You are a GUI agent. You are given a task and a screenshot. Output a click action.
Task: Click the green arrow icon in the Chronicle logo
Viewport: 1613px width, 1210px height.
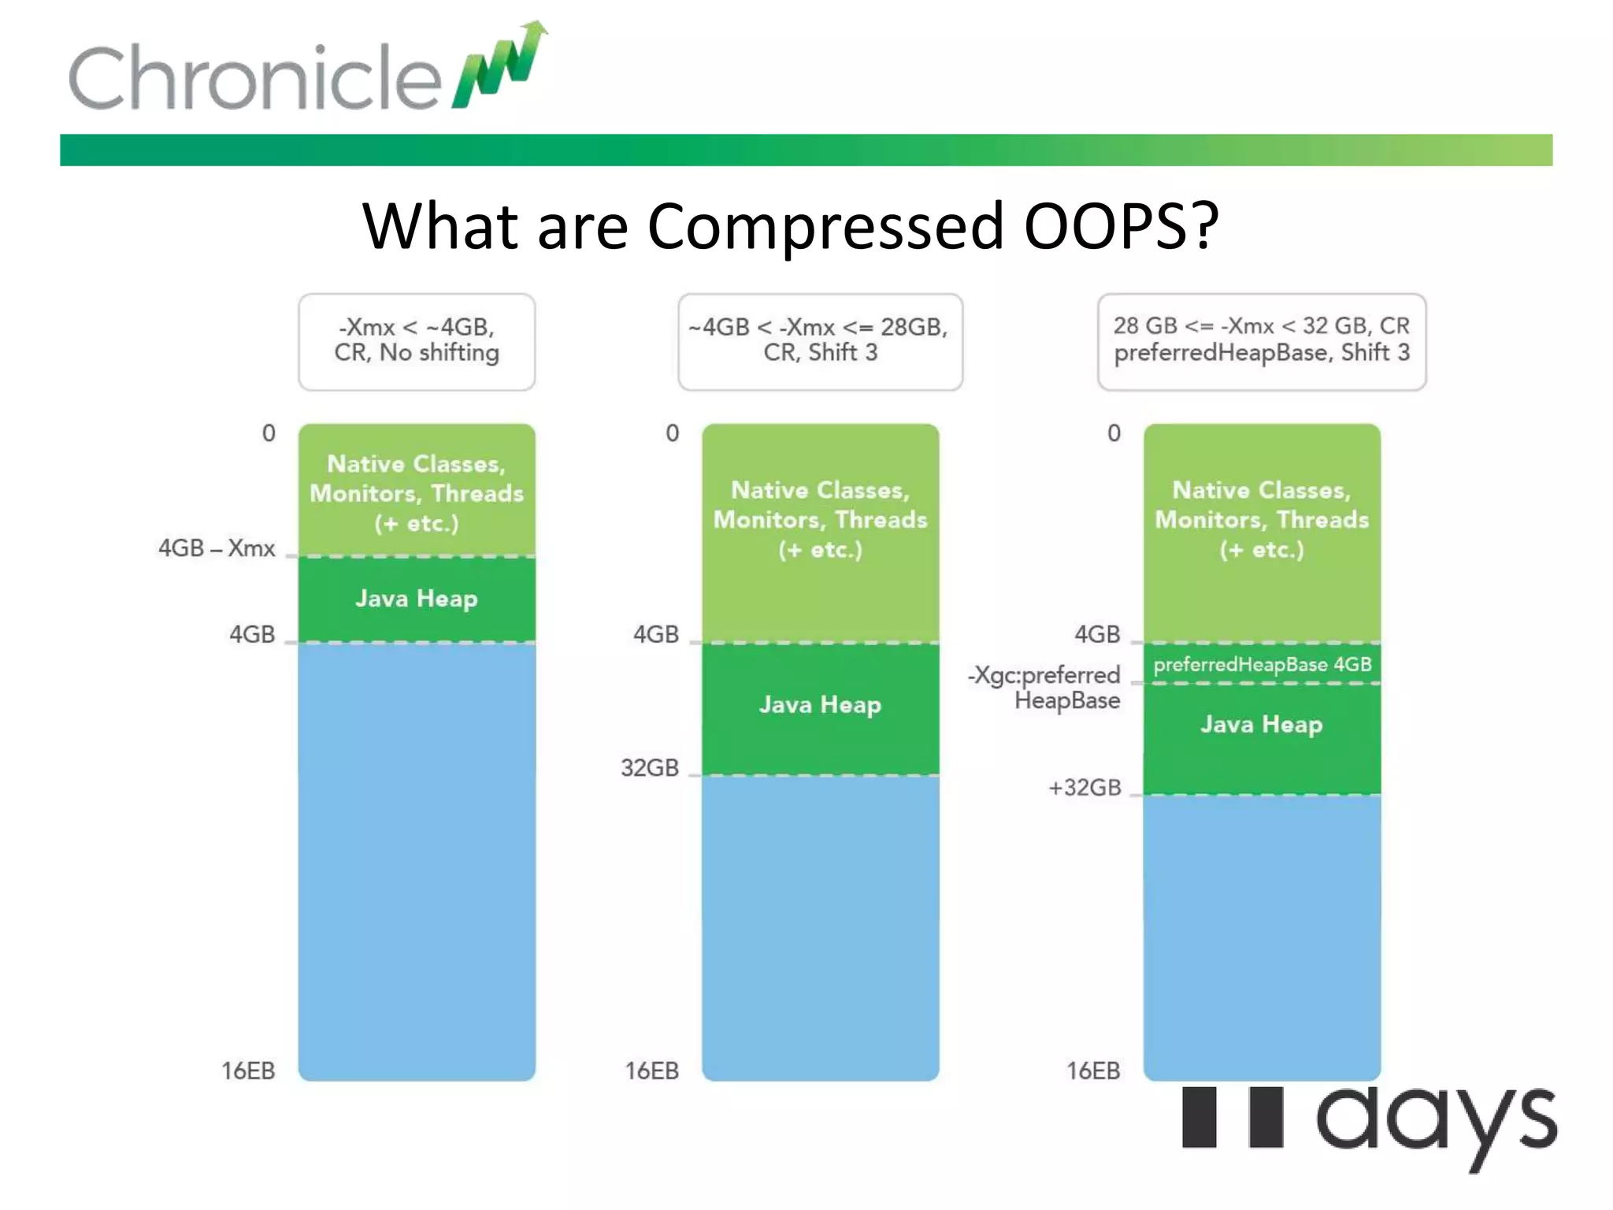[502, 67]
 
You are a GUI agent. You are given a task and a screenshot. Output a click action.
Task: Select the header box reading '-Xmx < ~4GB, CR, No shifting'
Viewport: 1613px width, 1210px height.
[417, 341]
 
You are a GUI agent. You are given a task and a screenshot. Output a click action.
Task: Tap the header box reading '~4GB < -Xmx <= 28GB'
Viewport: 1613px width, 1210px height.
[820, 341]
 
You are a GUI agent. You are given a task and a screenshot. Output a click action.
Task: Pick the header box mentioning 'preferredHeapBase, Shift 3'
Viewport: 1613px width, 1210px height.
[1261, 341]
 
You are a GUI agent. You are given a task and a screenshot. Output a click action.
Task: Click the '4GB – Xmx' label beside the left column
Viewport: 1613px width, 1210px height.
[217, 547]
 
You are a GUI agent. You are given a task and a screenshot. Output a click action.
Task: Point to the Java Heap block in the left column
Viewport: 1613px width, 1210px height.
[417, 599]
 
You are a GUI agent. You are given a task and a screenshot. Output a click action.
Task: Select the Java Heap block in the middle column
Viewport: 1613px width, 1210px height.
[820, 705]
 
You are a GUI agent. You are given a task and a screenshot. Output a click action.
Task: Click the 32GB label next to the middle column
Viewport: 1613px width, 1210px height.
[649, 767]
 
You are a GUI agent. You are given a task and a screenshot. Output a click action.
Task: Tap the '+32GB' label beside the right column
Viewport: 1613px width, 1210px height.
[1085, 787]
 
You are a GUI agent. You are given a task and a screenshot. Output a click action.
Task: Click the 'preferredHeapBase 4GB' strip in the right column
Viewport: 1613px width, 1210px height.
[1262, 664]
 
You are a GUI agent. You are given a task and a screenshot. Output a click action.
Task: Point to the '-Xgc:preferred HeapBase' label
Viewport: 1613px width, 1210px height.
[1045, 687]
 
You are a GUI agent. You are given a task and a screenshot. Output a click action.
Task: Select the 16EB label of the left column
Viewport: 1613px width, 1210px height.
[248, 1071]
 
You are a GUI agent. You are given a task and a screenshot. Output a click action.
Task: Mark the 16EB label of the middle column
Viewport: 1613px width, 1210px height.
[651, 1071]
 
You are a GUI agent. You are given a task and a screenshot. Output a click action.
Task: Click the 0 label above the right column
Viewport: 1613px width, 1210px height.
[1114, 432]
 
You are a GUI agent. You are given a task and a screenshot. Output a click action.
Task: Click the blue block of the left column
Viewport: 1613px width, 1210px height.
[417, 859]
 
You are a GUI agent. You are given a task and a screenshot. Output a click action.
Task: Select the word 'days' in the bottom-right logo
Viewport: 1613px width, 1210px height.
[1436, 1123]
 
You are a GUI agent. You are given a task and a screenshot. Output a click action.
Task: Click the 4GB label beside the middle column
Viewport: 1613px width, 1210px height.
[655, 634]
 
